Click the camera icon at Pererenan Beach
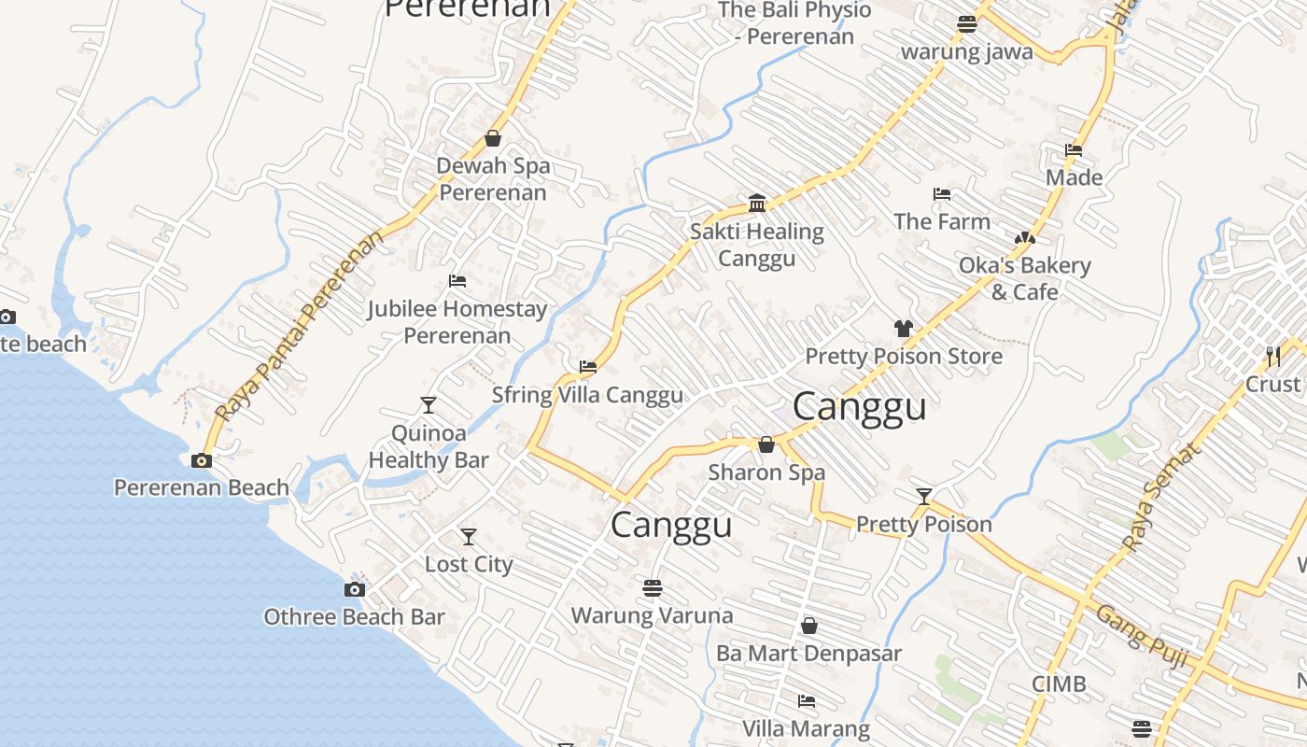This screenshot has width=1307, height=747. pyautogui.click(x=201, y=460)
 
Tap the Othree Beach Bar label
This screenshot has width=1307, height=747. pyautogui.click(x=354, y=616)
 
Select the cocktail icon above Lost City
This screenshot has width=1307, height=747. pyautogui.click(x=469, y=537)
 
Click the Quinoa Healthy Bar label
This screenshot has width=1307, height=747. pyautogui.click(x=429, y=446)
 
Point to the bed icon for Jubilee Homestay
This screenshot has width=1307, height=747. pyautogui.click(x=457, y=280)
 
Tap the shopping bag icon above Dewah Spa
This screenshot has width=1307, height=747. pyautogui.click(x=493, y=139)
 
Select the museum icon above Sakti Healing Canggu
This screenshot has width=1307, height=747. pyautogui.click(x=757, y=203)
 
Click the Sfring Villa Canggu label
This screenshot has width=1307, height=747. pyautogui.click(x=587, y=395)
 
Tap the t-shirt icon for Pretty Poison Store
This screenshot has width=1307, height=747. pyautogui.click(x=903, y=329)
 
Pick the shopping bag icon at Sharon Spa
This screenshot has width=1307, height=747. pyautogui.click(x=766, y=444)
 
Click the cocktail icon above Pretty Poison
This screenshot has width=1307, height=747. pyautogui.click(x=924, y=497)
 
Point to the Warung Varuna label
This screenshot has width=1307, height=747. pyautogui.click(x=652, y=615)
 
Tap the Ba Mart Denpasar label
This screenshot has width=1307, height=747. pyautogui.click(x=808, y=653)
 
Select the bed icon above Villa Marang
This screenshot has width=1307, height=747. pyautogui.click(x=807, y=700)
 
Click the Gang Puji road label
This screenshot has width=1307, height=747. pyautogui.click(x=1142, y=638)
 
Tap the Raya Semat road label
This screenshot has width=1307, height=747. pyautogui.click(x=1159, y=497)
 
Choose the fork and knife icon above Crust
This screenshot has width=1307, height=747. pyautogui.click(x=1272, y=356)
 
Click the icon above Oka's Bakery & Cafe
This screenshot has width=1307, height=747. pyautogui.click(x=1025, y=239)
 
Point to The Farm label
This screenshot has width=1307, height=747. pyautogui.click(x=942, y=221)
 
